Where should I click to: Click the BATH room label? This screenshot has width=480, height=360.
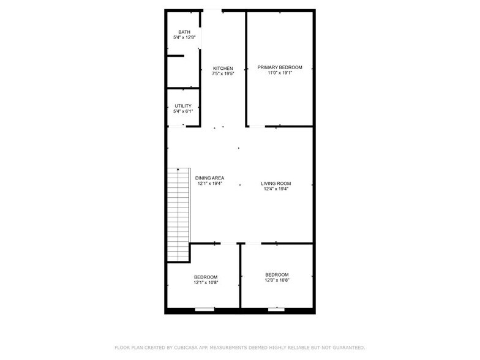point(184,32)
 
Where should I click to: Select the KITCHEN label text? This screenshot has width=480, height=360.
point(223,68)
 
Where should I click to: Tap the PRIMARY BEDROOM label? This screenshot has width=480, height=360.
point(280,67)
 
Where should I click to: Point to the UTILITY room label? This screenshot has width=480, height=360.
point(183,106)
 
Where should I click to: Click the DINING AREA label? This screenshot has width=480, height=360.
point(209,178)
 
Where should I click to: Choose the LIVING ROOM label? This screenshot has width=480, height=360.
point(276,183)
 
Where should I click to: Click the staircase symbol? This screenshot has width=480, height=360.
point(179,214)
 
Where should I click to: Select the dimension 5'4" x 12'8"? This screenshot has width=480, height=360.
point(184,38)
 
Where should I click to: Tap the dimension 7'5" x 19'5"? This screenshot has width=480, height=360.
point(223,73)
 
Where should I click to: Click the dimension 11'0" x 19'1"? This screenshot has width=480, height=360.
point(280,73)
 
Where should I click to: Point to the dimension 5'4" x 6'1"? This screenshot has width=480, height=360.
point(183,111)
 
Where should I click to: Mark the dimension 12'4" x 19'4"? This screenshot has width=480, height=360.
point(276,189)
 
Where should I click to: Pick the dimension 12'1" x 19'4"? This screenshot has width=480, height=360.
point(209,183)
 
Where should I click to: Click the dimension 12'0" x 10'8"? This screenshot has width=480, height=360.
point(277,280)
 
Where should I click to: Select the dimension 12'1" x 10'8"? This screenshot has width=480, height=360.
point(206,283)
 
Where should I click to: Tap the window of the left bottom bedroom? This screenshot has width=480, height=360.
point(204,310)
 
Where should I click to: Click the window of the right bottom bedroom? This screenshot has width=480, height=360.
point(276,309)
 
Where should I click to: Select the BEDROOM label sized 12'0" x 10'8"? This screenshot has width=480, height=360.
point(277,274)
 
